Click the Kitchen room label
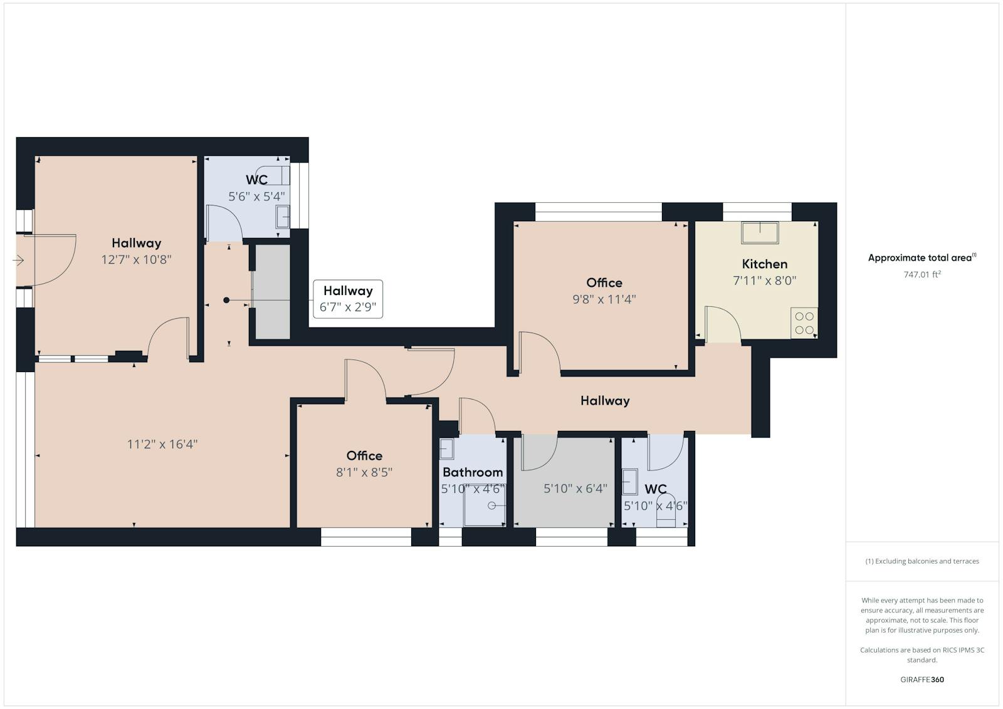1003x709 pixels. [x=764, y=264]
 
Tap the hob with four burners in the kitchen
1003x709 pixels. [x=804, y=323]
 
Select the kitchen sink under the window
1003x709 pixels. [x=760, y=232]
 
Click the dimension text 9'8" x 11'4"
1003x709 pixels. [x=604, y=299]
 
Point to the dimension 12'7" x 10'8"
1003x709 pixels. [x=136, y=259]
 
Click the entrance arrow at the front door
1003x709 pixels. [x=18, y=261]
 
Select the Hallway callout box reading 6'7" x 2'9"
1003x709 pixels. [x=348, y=299]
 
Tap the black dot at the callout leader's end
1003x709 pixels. [x=226, y=300]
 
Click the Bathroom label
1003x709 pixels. [x=473, y=472]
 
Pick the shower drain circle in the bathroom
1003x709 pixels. [x=491, y=505]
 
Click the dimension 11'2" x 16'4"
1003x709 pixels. [x=162, y=444]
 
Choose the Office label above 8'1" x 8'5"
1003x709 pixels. [x=364, y=456]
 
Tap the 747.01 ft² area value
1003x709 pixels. [x=922, y=274]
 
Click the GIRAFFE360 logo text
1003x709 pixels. [x=922, y=680]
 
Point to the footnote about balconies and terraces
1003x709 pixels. [x=922, y=561]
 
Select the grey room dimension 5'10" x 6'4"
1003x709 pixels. [x=575, y=489]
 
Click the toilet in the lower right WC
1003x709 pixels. [x=666, y=511]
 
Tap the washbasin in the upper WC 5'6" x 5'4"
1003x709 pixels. [x=283, y=217]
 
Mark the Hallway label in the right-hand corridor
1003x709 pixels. [x=605, y=401]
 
